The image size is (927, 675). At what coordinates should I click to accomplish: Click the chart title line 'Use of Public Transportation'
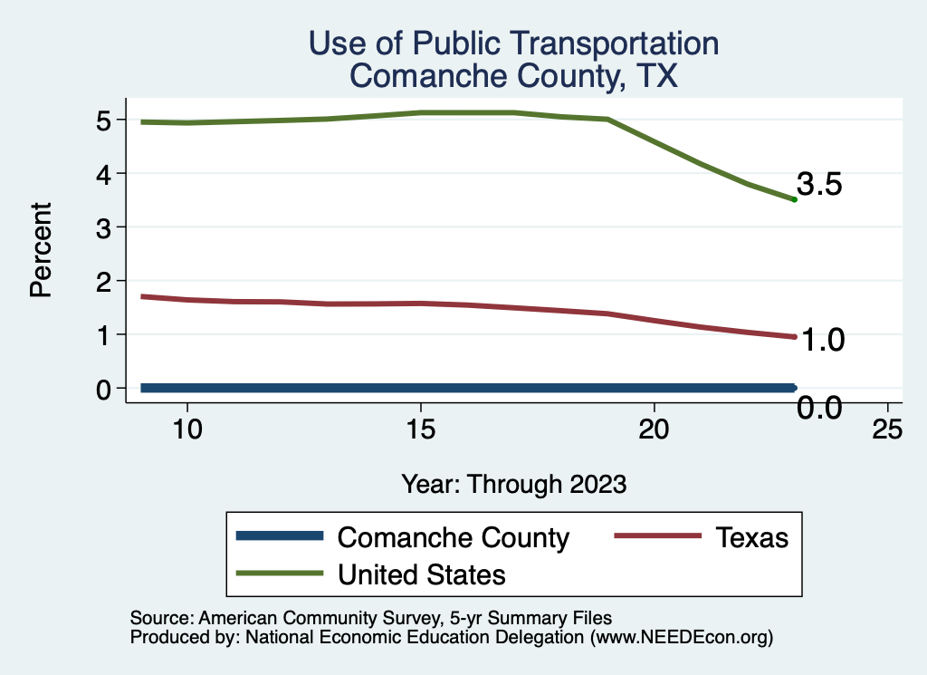coord(513,43)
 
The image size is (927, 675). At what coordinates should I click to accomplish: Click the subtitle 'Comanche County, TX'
coord(513,76)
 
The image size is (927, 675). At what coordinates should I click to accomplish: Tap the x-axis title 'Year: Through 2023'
coord(513,484)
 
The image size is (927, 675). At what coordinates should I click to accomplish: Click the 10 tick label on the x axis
coord(186,429)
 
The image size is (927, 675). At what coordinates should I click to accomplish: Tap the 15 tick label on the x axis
coord(420,429)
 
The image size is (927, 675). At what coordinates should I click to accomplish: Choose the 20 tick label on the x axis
coord(654,429)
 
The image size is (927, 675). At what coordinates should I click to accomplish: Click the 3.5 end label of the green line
coord(820,185)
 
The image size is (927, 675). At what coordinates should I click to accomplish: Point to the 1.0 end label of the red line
coord(820,340)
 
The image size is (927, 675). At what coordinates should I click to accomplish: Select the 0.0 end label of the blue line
coord(820,409)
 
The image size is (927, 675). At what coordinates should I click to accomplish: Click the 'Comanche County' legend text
coord(453,537)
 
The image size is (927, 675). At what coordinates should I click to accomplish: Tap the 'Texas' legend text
coord(752,537)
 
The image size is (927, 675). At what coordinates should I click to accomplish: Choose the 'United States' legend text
coord(421,574)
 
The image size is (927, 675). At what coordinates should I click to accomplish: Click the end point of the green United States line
coord(794,199)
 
